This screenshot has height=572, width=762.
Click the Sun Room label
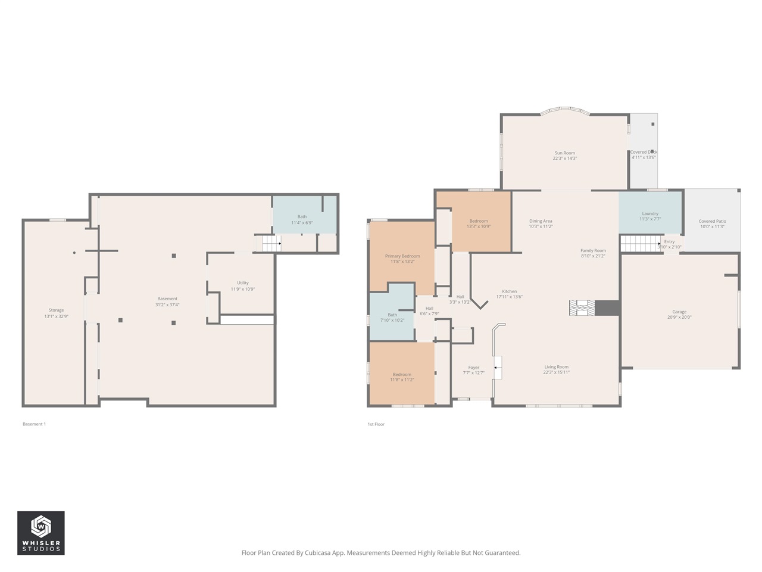click(564, 153)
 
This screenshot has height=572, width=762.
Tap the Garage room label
click(679, 312)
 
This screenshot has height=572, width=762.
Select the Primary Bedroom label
click(402, 256)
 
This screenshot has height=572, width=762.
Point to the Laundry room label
click(650, 213)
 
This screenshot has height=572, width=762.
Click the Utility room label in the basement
click(243, 283)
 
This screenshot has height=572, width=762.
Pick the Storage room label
click(56, 310)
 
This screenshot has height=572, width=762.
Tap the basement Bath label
click(302, 217)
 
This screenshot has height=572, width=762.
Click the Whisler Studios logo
click(41, 533)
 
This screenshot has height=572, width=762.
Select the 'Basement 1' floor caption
click(34, 424)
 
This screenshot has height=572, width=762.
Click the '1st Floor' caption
click(376, 424)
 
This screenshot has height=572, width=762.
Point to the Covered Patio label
click(712, 221)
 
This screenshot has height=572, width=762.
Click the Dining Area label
click(541, 221)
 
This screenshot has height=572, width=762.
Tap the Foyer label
click(473, 368)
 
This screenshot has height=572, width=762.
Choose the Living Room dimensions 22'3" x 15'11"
click(556, 372)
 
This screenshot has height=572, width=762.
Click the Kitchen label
click(509, 291)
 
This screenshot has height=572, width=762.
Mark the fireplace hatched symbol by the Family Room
click(582, 307)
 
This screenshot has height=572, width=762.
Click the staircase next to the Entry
click(640, 244)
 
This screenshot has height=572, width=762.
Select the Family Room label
click(593, 251)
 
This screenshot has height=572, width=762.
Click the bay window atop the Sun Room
click(564, 110)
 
